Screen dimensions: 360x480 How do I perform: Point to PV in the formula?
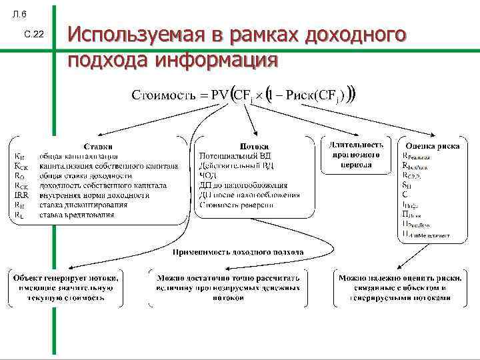[219, 94]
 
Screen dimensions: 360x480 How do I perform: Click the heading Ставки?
[97, 146]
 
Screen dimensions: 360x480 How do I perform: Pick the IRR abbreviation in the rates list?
[21, 195]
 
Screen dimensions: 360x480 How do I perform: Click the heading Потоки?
[253, 146]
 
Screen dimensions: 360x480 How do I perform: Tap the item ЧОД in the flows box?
[209, 175]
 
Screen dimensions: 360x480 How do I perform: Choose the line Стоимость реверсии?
[235, 204]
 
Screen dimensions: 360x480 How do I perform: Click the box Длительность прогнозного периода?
[355, 155]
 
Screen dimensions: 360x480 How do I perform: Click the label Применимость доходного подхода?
[238, 252]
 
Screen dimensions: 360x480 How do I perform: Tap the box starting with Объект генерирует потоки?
[65, 287]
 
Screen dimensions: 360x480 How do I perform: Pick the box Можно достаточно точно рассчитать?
[228, 287]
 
